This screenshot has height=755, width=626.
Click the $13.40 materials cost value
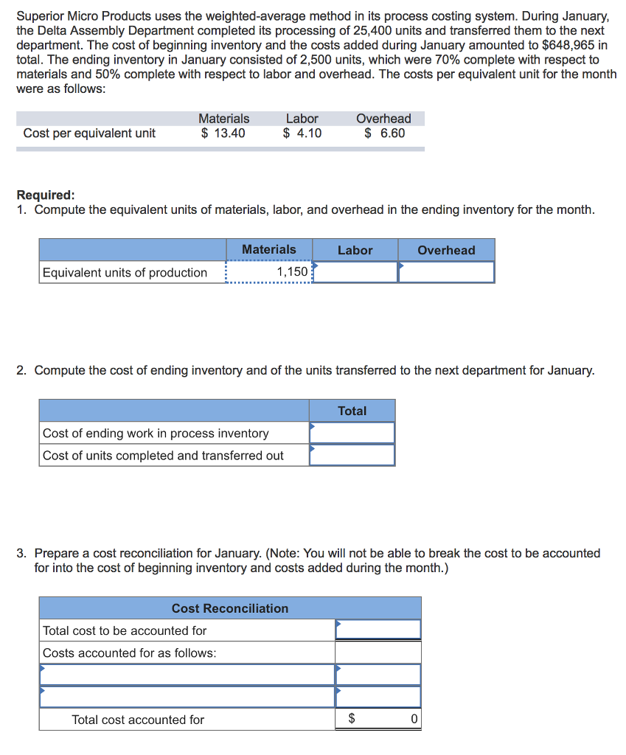[x=223, y=133]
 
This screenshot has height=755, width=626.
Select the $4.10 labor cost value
[x=302, y=133]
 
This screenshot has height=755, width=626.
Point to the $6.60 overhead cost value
[x=384, y=133]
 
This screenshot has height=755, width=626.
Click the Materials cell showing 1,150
[x=270, y=272]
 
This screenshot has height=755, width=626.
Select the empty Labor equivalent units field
[x=355, y=272]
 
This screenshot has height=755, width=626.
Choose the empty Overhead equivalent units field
[x=446, y=272]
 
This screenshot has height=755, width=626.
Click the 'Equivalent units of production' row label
[x=125, y=273]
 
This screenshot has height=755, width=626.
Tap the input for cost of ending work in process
[x=352, y=433]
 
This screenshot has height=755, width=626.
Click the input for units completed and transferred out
[x=352, y=455]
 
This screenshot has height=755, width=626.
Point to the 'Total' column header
[x=352, y=411]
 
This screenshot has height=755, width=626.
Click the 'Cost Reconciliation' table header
[x=230, y=608]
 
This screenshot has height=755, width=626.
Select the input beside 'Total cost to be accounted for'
[x=378, y=630]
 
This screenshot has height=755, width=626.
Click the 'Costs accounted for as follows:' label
[x=130, y=653]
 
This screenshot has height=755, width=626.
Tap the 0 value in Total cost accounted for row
[x=414, y=719]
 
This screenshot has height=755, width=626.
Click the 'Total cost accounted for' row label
[x=138, y=720]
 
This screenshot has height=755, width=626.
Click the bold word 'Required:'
[x=46, y=195]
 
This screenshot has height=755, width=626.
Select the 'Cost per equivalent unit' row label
[x=89, y=133]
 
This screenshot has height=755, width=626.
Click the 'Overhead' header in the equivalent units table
[x=446, y=250]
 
